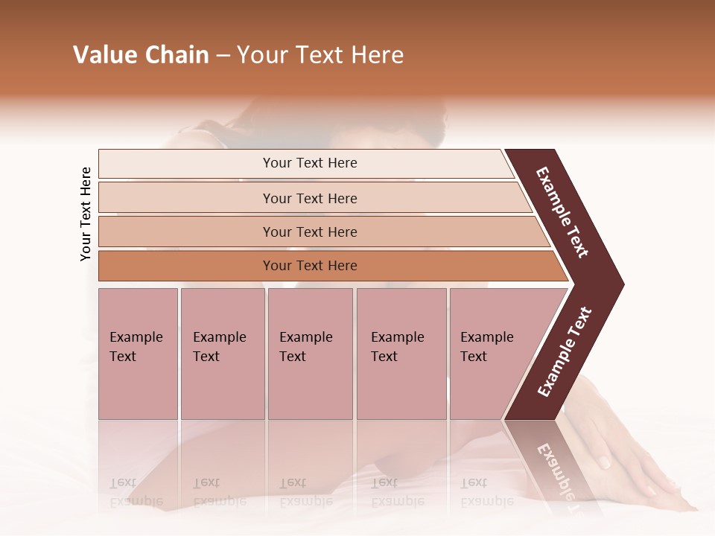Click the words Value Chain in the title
pos(141,55)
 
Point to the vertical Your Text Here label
pos(86,214)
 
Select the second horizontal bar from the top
pos(310,198)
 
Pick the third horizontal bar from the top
pos(310,232)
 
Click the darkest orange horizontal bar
pos(310,266)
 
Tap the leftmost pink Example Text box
pos(138,354)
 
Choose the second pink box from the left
pos(222,354)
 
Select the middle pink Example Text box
pos(310,354)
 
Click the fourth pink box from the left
pos(401,354)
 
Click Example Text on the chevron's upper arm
pos(563,212)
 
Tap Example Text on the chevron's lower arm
pos(565,352)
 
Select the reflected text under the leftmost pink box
pos(136,492)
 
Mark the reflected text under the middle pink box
pos(305,492)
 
